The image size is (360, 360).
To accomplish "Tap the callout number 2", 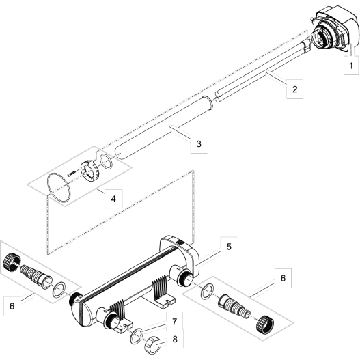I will [294, 89].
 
